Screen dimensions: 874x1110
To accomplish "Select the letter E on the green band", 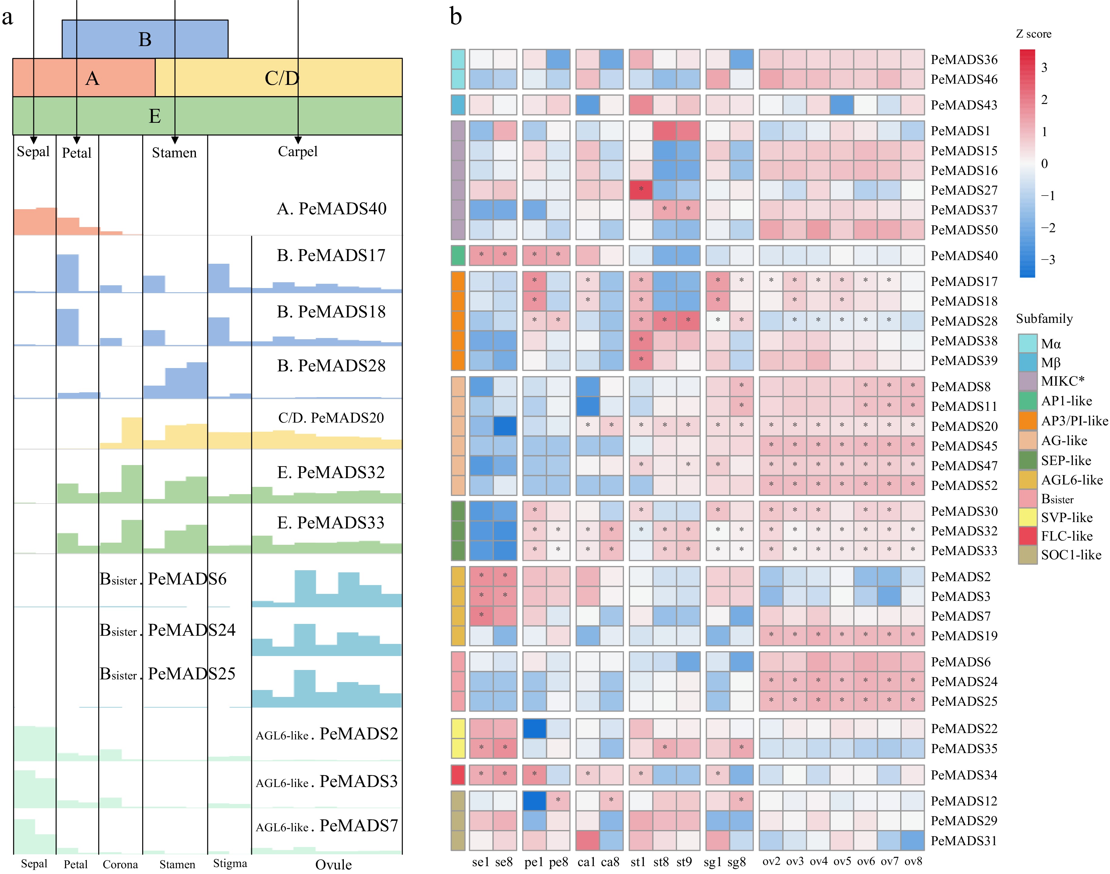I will [x=155, y=116].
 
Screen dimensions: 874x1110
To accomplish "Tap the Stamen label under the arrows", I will [x=174, y=152].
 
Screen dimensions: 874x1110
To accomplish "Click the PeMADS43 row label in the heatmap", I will [x=964, y=105].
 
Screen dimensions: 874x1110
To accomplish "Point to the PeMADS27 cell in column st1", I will [x=641, y=190].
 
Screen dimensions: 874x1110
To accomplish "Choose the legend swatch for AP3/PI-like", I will [x=1028, y=420].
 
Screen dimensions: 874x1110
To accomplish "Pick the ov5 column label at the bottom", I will [x=842, y=861].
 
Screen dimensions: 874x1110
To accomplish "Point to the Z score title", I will [x=1033, y=34].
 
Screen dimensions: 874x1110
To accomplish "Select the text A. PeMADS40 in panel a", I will [x=332, y=209].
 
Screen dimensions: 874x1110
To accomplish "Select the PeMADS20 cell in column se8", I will [x=505, y=426].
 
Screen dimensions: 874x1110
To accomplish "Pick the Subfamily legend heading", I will [x=1044, y=319].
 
